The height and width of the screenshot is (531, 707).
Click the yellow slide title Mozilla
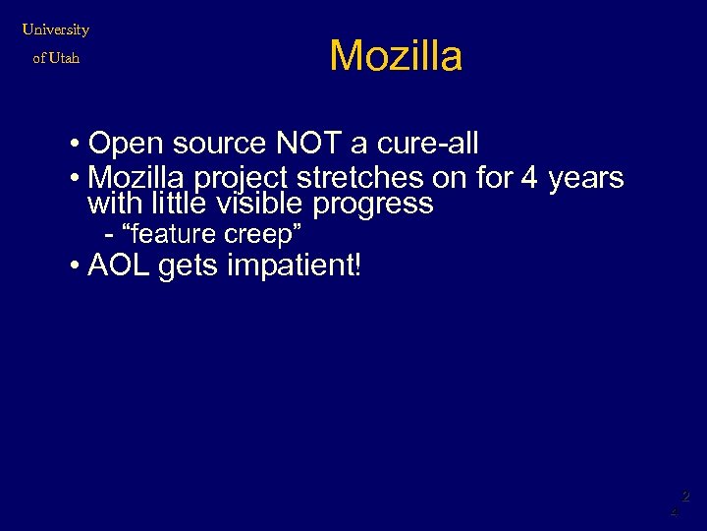tap(396, 56)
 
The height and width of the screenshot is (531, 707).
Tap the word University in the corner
tap(56, 29)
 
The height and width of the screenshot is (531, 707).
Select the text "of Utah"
tap(56, 58)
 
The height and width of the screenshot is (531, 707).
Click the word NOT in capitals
tap(308, 145)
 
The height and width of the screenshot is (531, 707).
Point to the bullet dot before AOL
tap(76, 266)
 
